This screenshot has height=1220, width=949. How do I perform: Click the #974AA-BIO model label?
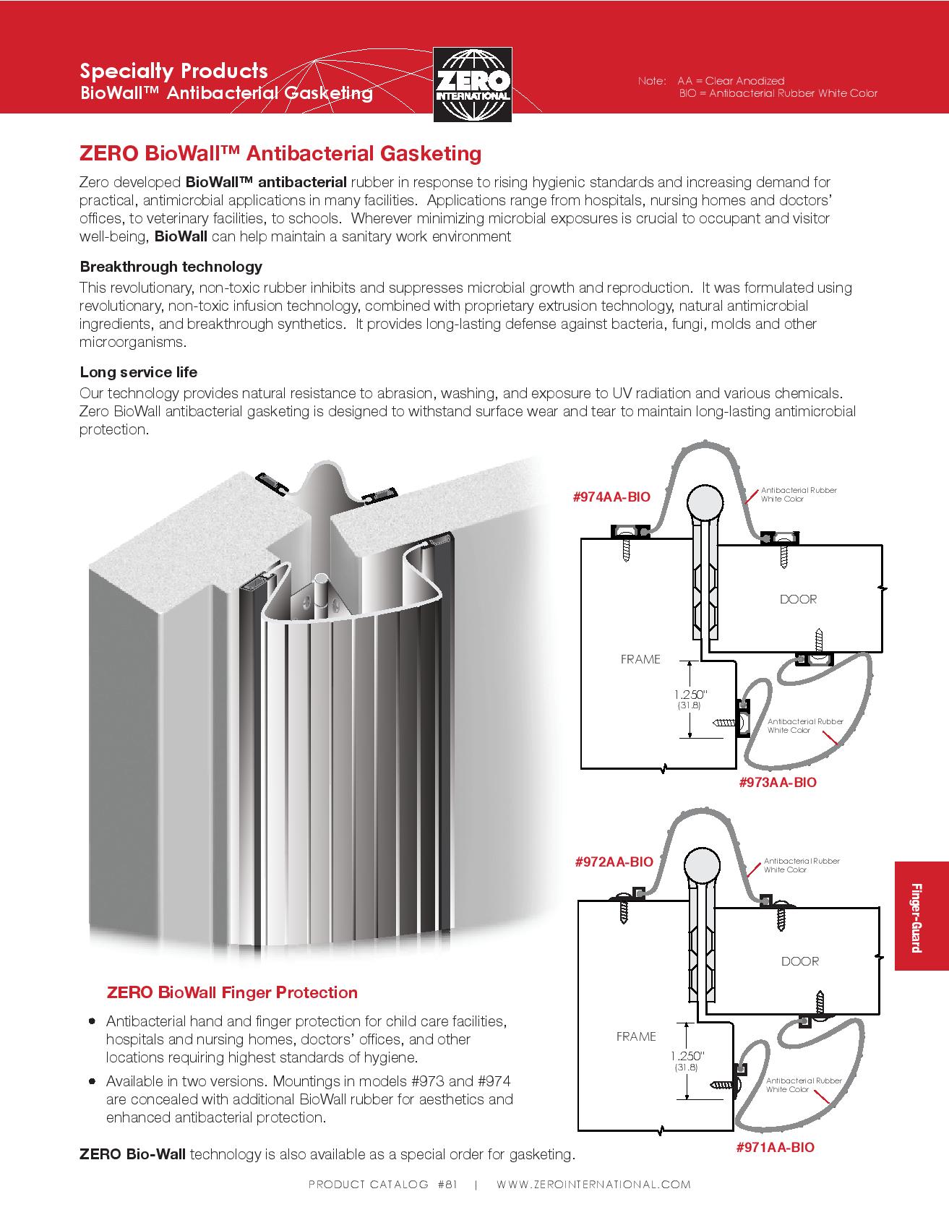[x=611, y=497]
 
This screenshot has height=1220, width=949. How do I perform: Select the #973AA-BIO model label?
[x=778, y=782]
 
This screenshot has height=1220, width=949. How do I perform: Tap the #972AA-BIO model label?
[x=614, y=862]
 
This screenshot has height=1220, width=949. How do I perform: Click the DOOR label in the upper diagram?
[x=798, y=599]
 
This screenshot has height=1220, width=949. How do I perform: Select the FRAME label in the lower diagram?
[x=636, y=1036]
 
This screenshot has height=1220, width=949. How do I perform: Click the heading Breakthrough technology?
[x=171, y=267]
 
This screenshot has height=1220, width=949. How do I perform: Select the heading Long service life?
[x=138, y=372]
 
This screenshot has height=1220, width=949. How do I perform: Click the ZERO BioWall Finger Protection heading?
[x=232, y=992]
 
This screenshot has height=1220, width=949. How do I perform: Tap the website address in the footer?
[x=593, y=1185]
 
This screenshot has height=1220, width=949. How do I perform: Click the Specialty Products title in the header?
[x=173, y=71]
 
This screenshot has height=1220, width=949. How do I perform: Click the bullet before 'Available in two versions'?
[x=92, y=1082]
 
